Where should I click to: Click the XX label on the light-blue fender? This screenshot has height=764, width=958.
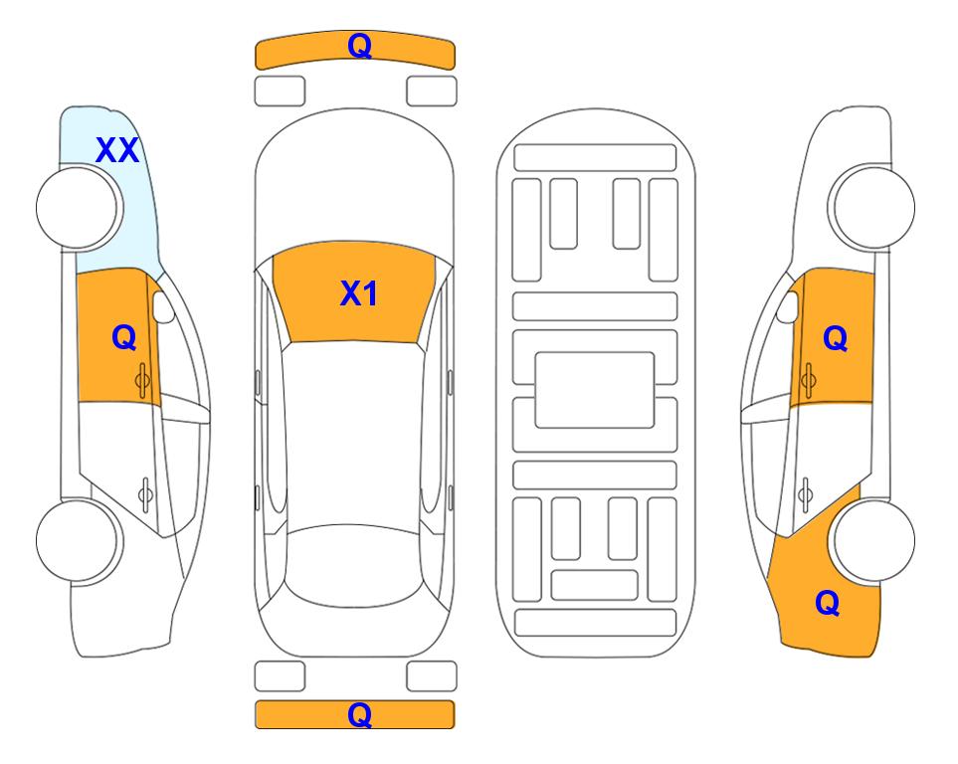117,150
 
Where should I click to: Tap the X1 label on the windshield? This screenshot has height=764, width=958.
359,293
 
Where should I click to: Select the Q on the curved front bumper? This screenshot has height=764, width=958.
359,45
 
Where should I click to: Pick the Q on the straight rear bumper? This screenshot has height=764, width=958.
359,714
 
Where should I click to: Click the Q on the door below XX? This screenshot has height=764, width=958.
124,337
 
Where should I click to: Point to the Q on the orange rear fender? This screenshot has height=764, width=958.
828,603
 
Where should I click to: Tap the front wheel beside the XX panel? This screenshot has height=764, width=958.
79,208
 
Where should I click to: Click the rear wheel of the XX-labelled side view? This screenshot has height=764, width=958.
79,541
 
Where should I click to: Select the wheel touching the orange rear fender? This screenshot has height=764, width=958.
873,541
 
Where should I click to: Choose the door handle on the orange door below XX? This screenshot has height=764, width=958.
142,380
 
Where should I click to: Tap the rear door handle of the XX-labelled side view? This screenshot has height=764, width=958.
145,493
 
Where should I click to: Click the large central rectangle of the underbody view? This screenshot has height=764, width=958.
595,390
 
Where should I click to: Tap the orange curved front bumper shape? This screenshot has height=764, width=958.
355,50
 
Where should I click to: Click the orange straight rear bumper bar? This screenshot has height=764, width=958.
355,714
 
